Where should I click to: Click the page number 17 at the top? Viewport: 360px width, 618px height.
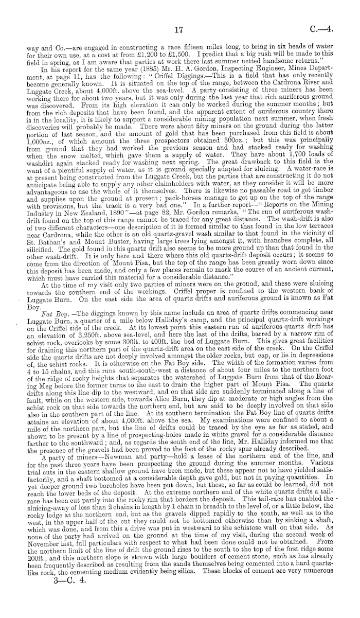179,30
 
